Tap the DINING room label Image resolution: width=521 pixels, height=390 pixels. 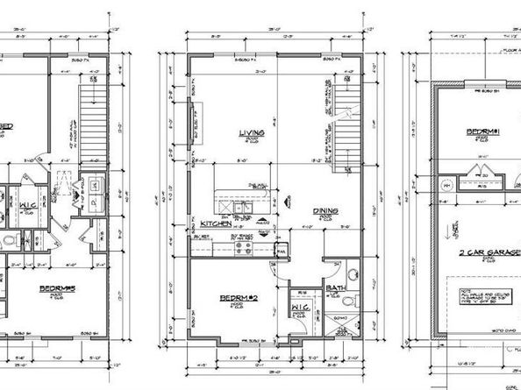(326, 210)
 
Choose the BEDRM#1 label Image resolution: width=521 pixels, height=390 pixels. (483, 132)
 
